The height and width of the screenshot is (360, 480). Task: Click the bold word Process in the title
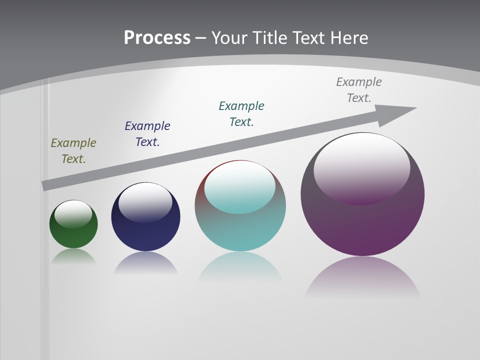(157, 38)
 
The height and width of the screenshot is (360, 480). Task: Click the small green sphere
(73, 235)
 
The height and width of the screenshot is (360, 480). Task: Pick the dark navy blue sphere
(145, 235)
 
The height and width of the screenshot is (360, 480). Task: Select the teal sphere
(240, 232)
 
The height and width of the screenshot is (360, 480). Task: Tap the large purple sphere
(362, 225)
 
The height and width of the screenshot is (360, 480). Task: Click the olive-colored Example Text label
(73, 151)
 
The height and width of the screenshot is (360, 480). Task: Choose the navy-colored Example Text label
(147, 134)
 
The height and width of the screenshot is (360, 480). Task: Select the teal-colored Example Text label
(241, 114)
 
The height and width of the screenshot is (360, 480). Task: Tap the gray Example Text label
(359, 90)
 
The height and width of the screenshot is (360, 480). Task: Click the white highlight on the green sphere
(73, 213)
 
